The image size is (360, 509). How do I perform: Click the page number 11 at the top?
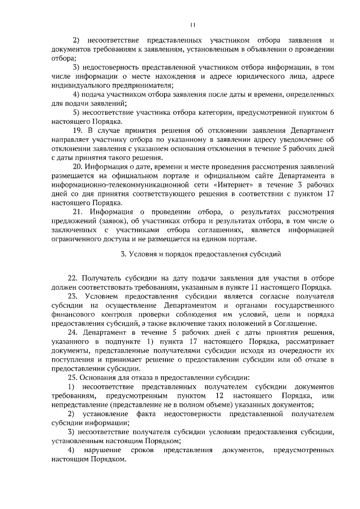tap(192, 24)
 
